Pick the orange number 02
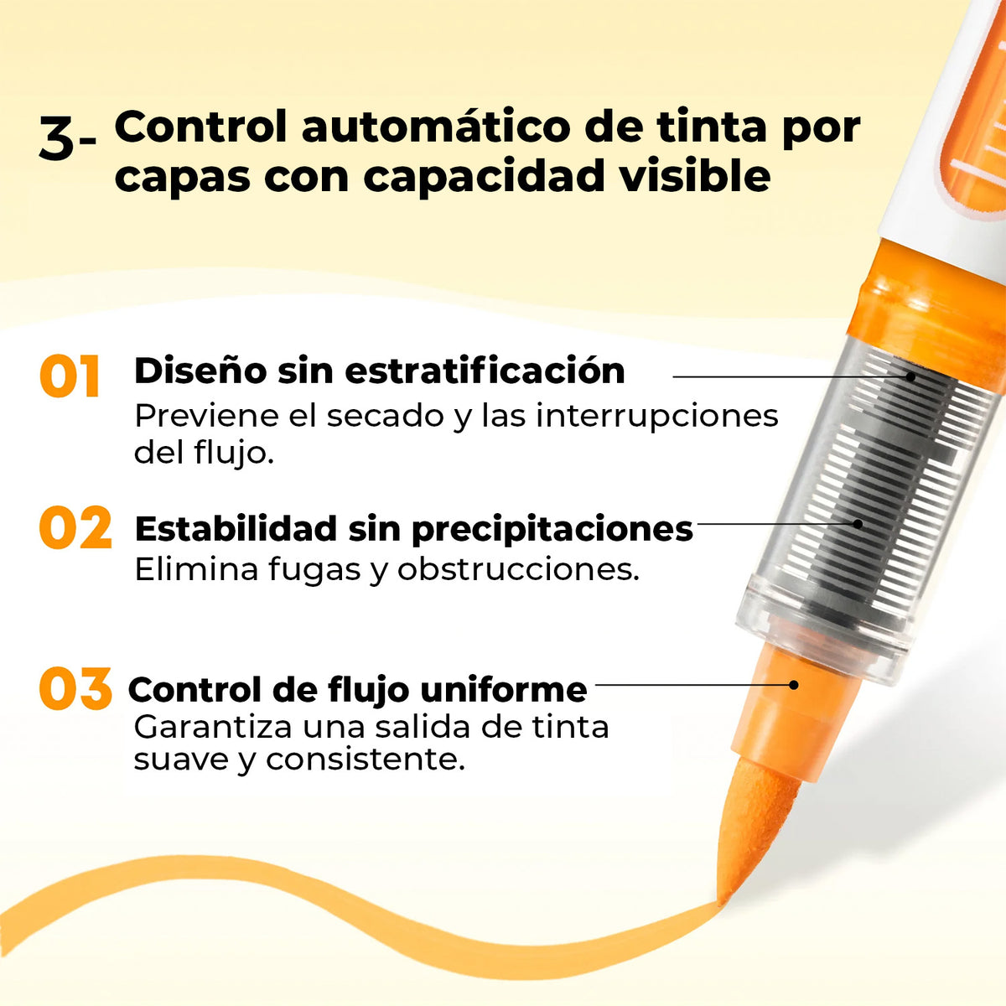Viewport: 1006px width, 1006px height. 75,527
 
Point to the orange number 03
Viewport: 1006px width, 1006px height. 75,688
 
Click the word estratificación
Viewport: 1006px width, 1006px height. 485,371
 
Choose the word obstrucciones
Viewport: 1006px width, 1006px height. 518,569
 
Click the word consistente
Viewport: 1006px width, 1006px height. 366,761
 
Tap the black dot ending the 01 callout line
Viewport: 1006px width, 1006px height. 911,376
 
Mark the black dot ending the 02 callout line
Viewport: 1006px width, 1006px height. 858,524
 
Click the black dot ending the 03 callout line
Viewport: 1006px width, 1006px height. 794,685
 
